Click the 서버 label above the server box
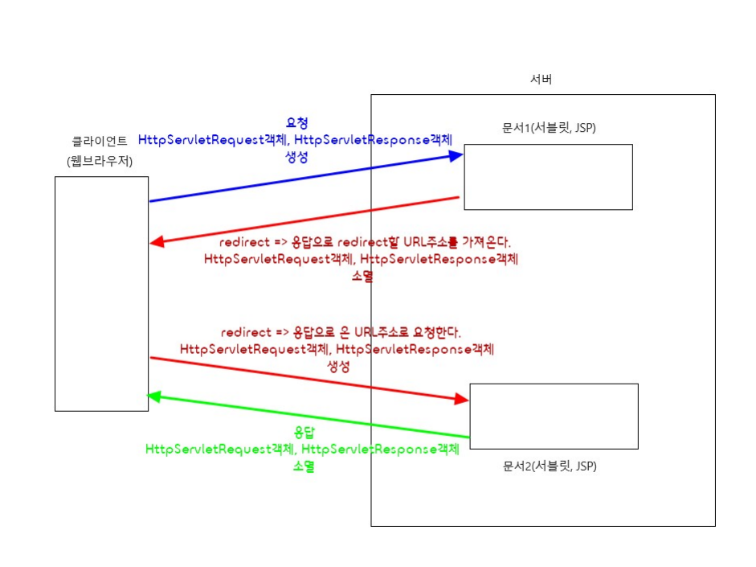click(541, 80)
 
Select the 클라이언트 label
click(100, 142)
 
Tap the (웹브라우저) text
click(100, 162)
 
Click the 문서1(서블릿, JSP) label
click(549, 128)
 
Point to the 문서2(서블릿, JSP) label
click(550, 466)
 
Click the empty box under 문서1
click(548, 177)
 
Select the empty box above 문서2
click(554, 416)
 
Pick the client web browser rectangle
click(101, 294)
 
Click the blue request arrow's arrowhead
click(456, 156)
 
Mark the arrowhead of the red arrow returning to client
click(157, 242)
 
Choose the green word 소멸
click(303, 466)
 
